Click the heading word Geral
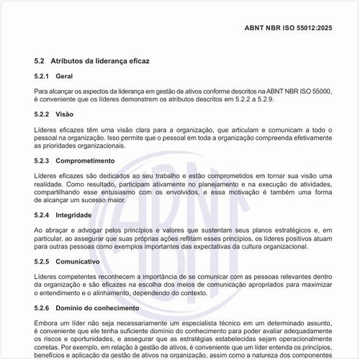[64, 76]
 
